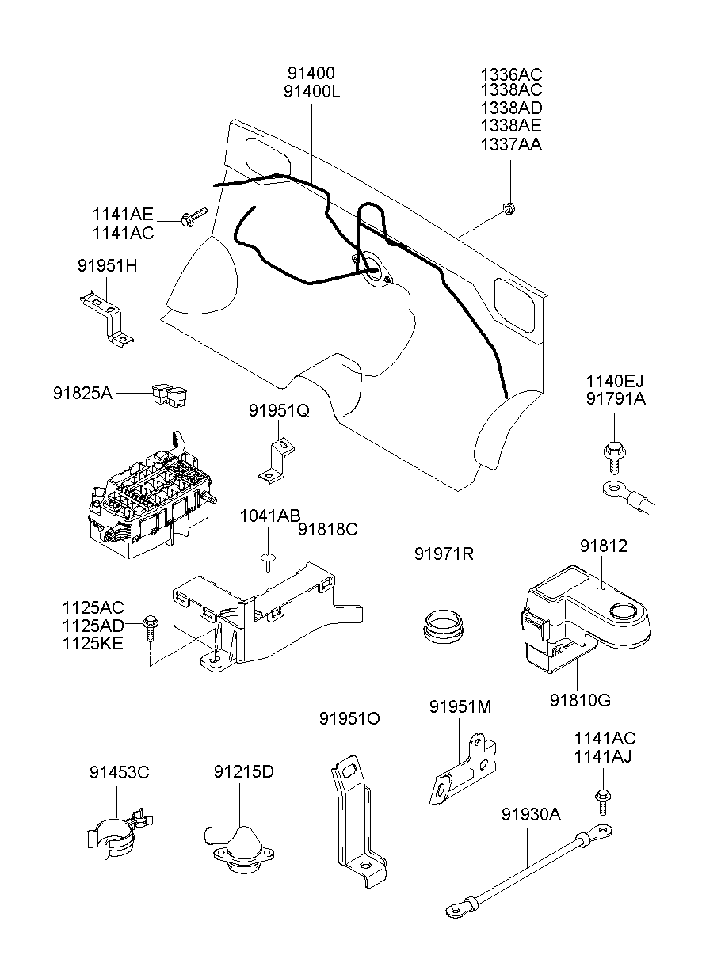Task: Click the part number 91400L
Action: (311, 91)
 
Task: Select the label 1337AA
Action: (511, 144)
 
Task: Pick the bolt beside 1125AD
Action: (151, 626)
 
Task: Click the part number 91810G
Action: (580, 700)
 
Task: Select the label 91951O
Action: (349, 718)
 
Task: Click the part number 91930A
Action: (532, 814)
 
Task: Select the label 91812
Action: (603, 546)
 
